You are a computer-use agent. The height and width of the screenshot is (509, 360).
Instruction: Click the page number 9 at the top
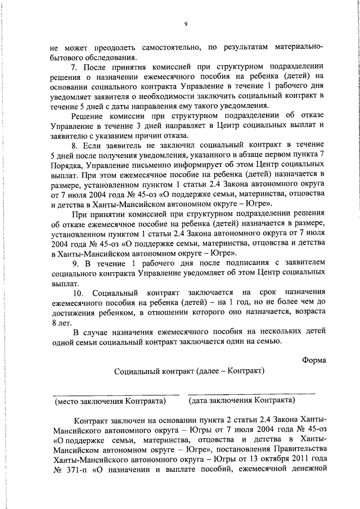click(185, 24)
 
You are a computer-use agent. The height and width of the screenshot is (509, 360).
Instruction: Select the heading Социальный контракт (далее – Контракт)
click(189, 371)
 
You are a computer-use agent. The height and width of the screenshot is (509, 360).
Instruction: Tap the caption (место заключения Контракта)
click(110, 400)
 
